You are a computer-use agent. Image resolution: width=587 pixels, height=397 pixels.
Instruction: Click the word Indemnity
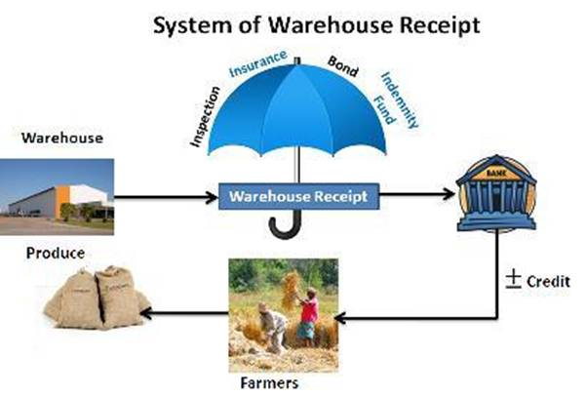pos(401,98)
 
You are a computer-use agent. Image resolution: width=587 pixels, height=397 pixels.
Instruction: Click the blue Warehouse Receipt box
pos(297,196)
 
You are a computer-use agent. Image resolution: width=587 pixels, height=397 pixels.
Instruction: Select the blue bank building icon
pos(496,191)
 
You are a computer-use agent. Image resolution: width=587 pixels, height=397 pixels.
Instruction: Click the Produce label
pos(55,253)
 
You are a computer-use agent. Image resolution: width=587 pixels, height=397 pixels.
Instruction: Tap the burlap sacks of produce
pos(97,298)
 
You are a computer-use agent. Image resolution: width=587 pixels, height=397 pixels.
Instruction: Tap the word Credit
pos(547,280)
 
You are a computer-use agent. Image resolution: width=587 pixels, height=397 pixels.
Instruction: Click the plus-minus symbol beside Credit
pos(514,278)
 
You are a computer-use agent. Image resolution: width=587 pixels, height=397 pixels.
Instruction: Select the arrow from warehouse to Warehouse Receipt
pos(166,197)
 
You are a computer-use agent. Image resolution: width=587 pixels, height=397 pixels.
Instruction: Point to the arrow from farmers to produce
pos(185,313)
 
